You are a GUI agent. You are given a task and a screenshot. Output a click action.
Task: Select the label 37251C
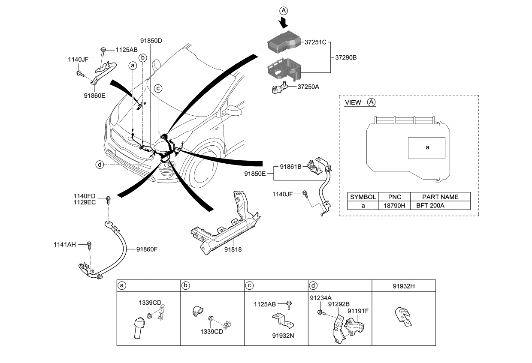coord(316,42)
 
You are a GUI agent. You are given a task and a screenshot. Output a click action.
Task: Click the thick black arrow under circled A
coord(283,21)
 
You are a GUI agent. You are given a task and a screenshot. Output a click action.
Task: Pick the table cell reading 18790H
coord(395,205)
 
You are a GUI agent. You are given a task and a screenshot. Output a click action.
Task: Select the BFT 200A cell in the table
coord(431,205)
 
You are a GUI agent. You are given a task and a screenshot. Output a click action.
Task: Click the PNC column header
coord(395,197)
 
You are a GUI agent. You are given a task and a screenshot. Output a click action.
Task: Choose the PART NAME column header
coord(440,197)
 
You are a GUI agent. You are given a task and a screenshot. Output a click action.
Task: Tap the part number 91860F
coord(147,249)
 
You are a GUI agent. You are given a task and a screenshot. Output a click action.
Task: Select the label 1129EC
coord(85,202)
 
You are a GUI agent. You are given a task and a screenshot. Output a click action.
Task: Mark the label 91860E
coord(95,96)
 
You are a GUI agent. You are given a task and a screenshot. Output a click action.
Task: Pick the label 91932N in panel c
coord(283,336)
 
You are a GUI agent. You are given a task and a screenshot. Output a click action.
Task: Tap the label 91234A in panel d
coord(320,297)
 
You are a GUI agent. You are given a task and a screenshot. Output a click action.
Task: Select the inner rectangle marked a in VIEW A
coord(426,147)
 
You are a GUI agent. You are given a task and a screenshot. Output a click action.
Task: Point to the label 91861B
coord(291,165)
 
